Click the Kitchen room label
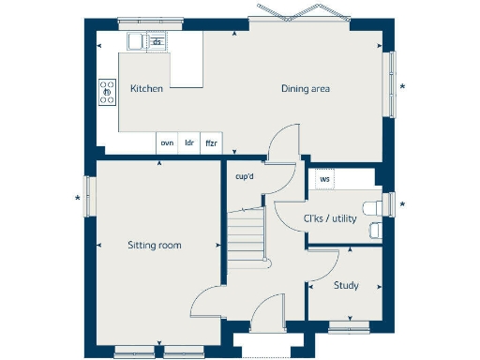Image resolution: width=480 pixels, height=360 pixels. [x=147, y=89]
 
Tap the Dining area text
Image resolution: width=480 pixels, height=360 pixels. [x=306, y=89]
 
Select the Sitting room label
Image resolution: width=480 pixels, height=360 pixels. [x=155, y=246]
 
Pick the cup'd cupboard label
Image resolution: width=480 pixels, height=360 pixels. [x=245, y=175]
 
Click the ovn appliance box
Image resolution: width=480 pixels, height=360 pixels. [x=167, y=142]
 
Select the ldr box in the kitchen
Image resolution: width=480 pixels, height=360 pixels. [x=188, y=142]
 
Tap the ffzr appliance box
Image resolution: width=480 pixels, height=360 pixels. [x=211, y=142]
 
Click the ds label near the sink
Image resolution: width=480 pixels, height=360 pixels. [x=157, y=41]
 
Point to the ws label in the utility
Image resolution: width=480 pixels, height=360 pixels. [x=324, y=178]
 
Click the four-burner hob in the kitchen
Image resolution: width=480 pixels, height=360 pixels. [x=106, y=90]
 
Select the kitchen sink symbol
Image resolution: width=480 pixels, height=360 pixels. [x=137, y=41]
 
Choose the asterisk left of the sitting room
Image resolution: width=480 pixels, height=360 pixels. [x=78, y=198]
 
